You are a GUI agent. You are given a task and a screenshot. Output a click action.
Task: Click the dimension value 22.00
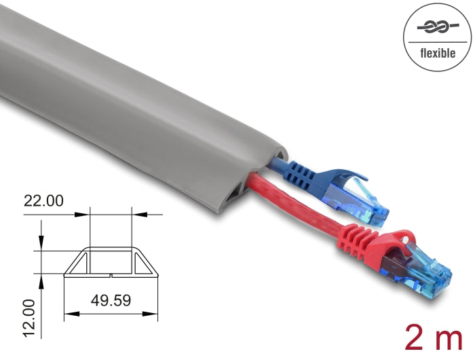tap(43, 202)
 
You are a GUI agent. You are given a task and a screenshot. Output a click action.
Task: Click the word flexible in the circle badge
tap(438, 53)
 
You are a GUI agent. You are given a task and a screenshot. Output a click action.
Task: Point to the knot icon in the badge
tap(438, 29)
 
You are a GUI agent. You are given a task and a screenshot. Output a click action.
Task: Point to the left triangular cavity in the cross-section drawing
tap(79, 262)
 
